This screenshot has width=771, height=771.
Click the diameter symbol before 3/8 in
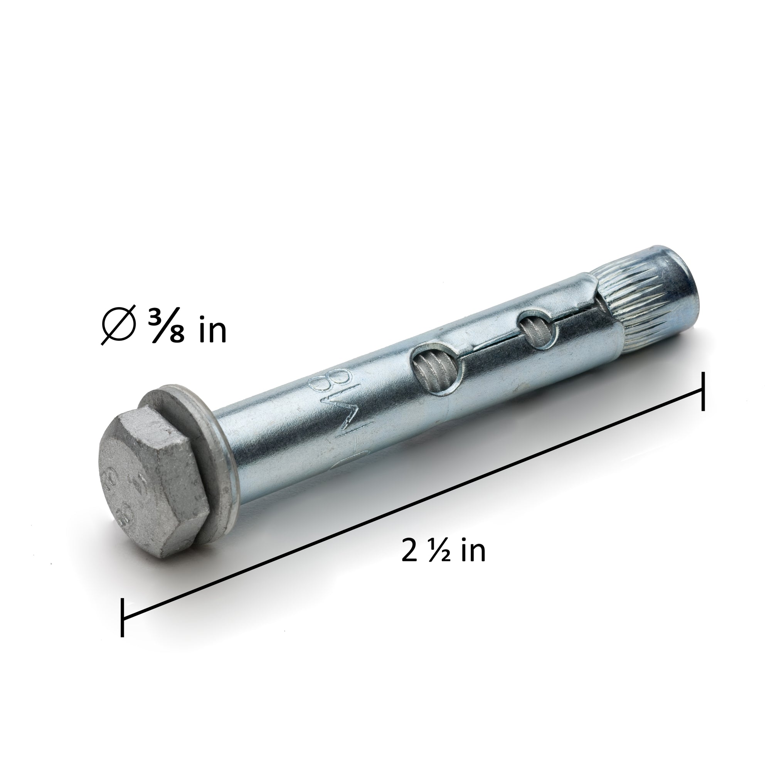(x=118, y=325)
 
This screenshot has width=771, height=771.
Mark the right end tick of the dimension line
(x=703, y=392)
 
